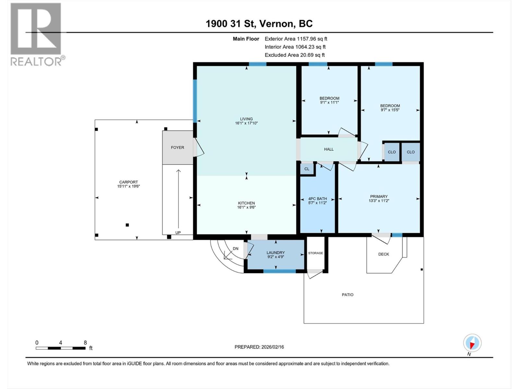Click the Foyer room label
(177, 147)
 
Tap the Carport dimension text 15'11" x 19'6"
(128, 186)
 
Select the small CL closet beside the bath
(307, 169)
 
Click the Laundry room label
(275, 253)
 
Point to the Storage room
(316, 253)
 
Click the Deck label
(383, 254)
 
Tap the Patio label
(347, 295)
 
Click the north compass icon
(472, 343)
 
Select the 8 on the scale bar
(85, 343)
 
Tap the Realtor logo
(36, 34)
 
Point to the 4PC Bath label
(317, 199)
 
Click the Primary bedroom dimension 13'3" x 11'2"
(379, 201)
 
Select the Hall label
(329, 149)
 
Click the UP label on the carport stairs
(178, 232)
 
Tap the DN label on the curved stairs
(235, 249)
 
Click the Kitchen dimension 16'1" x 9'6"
(246, 207)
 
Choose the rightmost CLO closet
(410, 152)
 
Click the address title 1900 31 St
(231, 24)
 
